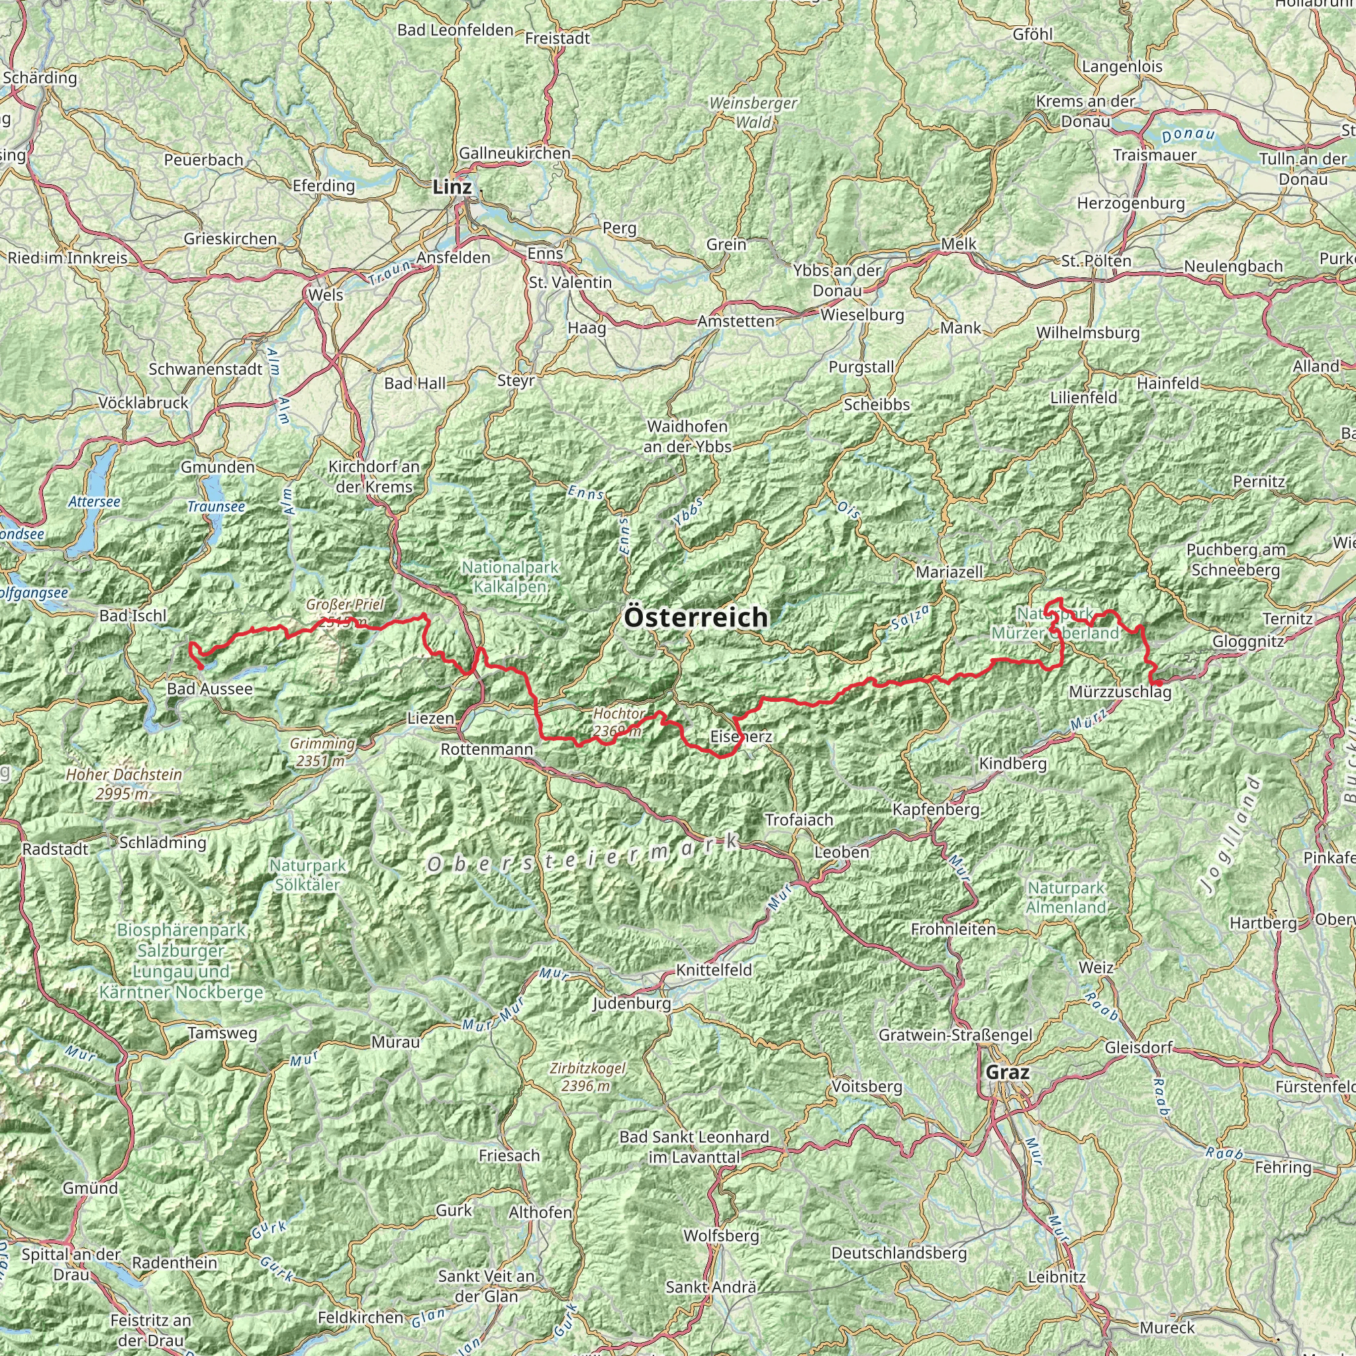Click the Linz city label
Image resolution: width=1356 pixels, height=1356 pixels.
(x=452, y=187)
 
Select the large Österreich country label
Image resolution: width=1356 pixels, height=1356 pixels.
(x=696, y=618)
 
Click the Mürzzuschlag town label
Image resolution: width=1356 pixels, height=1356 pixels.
(x=1120, y=693)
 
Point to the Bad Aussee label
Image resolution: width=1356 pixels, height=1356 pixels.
(x=209, y=689)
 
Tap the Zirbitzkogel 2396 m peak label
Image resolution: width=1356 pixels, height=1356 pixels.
(x=587, y=1077)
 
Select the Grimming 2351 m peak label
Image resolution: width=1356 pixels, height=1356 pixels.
(x=321, y=751)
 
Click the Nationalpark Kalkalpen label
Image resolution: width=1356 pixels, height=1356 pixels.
(x=510, y=576)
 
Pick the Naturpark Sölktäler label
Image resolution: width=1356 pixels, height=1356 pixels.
(x=307, y=875)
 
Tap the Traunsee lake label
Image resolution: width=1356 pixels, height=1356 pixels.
(x=216, y=506)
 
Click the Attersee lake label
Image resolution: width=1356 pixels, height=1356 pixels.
(x=95, y=502)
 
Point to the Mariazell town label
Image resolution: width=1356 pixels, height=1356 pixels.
(x=949, y=572)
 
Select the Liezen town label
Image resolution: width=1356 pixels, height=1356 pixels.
(x=431, y=718)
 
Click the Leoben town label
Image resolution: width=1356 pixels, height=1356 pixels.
(x=842, y=852)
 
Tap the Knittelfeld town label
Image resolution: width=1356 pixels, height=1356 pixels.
(x=714, y=970)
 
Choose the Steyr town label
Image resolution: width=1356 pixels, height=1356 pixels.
(x=516, y=381)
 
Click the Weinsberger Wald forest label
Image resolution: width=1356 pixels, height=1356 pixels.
(x=752, y=113)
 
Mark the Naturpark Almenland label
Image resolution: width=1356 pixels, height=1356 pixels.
(x=1066, y=898)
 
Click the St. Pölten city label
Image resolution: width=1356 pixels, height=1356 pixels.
(x=1096, y=261)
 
